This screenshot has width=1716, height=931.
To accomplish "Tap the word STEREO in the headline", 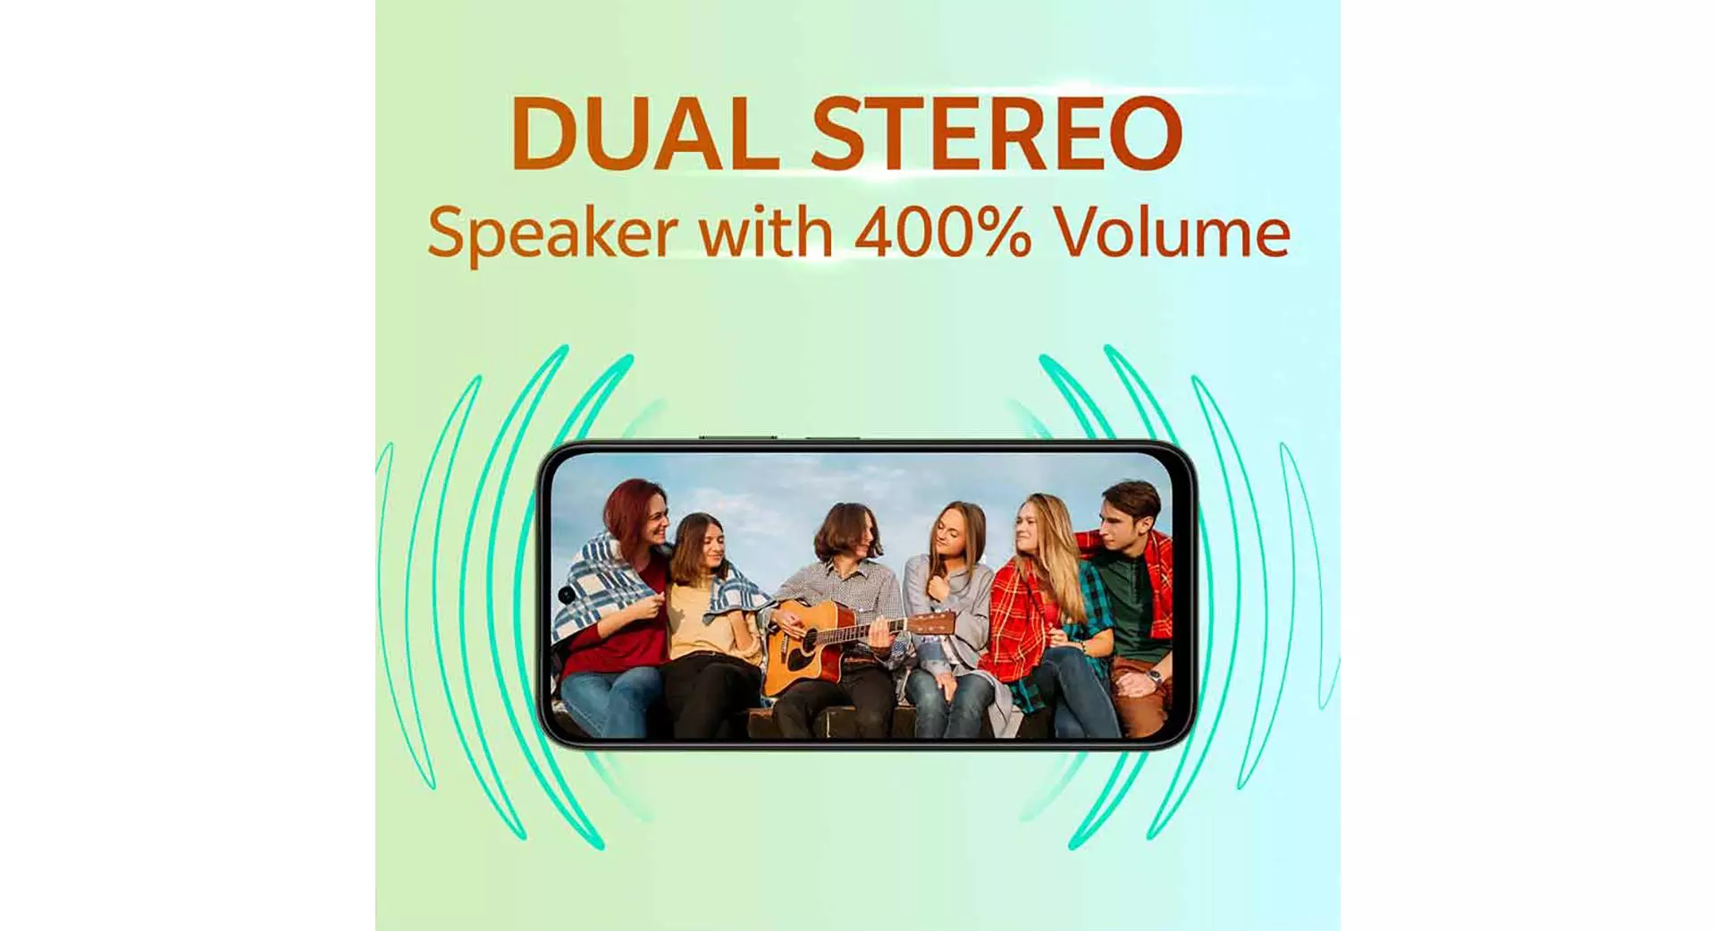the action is point(997,133).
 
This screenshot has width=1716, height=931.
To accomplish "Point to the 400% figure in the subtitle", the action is point(943,233).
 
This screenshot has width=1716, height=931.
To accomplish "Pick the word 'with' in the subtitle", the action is point(766,232).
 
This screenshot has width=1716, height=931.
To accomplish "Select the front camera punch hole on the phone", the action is point(566,595).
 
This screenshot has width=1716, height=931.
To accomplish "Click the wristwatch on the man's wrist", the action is point(1155,675).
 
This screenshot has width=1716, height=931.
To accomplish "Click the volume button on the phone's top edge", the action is point(737,437).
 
